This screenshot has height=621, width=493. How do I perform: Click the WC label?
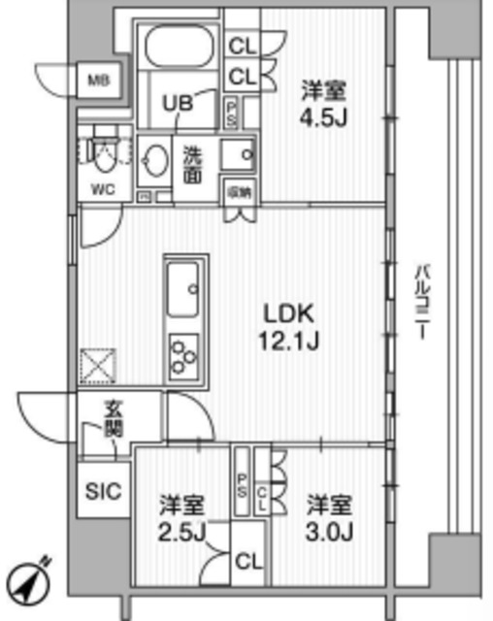102,189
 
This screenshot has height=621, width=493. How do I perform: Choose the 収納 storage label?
239,191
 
